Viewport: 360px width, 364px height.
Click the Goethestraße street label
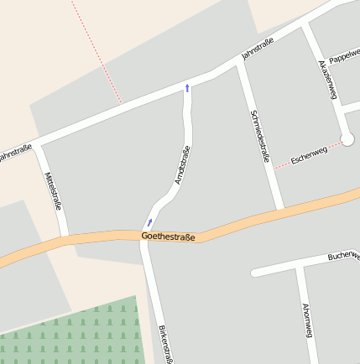(168, 237)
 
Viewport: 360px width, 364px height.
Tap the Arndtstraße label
(181, 165)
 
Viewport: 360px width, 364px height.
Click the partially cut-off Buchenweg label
(343, 255)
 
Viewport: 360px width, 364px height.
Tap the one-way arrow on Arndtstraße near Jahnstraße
(187, 86)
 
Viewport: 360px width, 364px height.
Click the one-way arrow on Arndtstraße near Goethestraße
(150, 221)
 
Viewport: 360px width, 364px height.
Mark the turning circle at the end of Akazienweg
(348, 138)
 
